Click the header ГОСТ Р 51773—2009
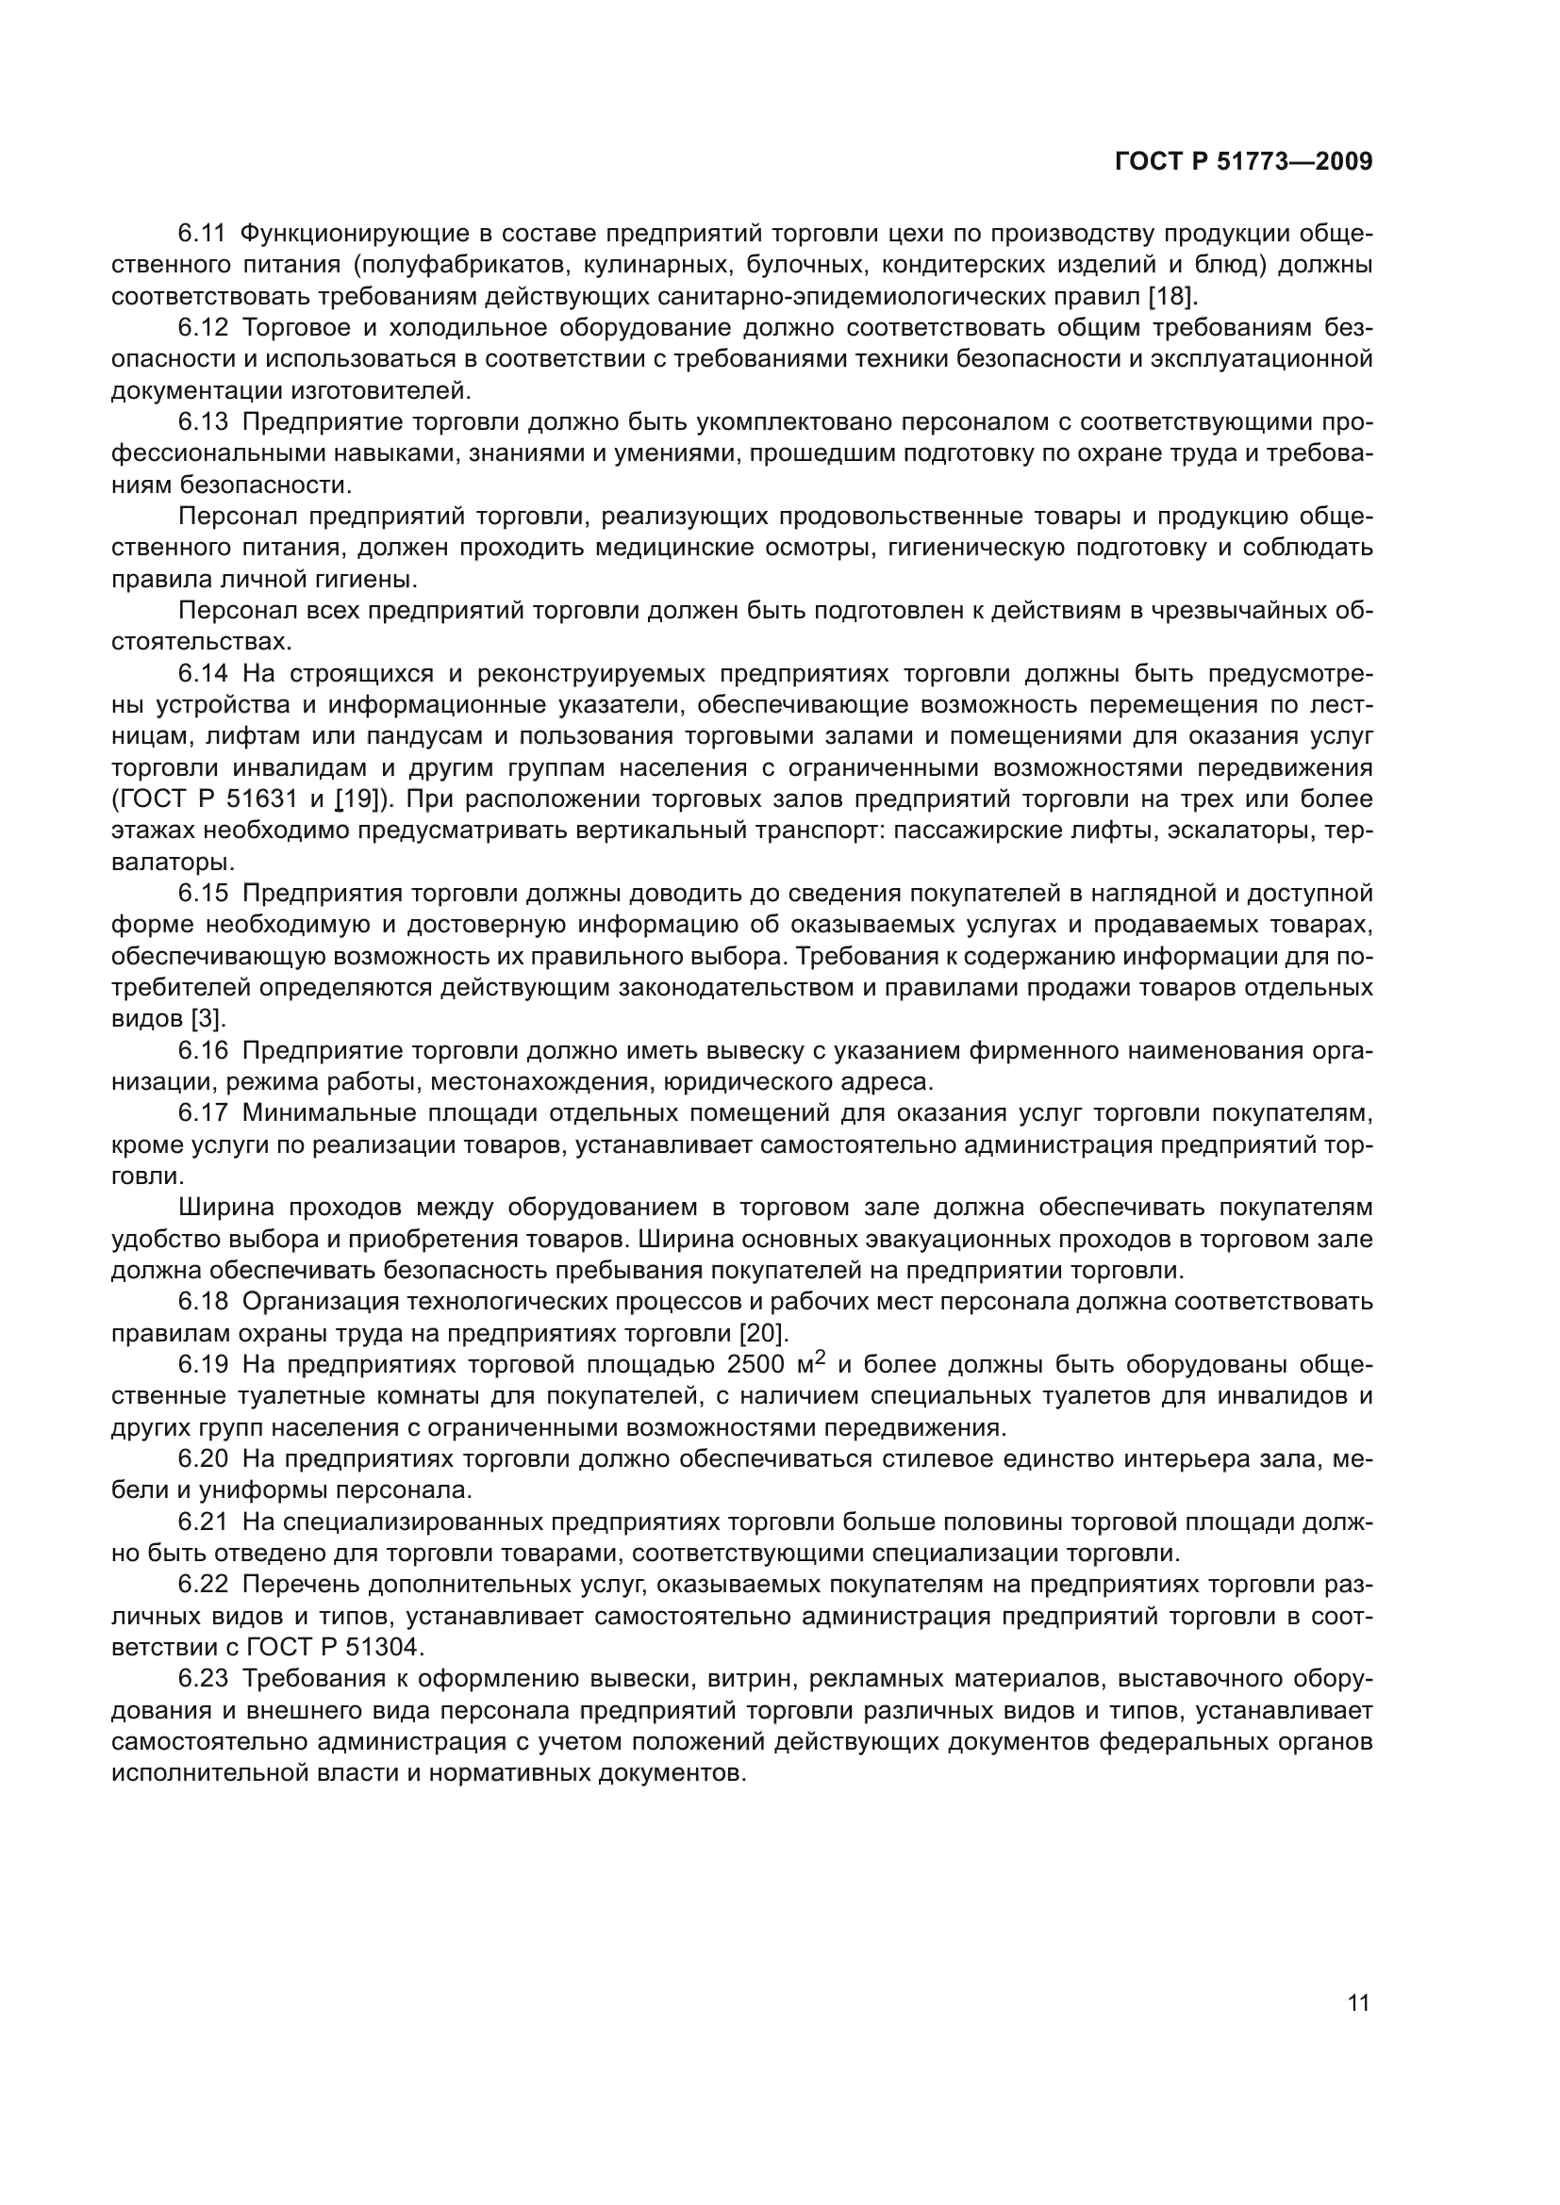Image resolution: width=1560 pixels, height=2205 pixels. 1243,162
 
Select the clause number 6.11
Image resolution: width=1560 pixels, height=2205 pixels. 202,234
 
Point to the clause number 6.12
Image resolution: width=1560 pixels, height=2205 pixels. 203,327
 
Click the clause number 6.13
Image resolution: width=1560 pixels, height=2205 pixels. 203,421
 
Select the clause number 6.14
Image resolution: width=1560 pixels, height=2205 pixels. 203,673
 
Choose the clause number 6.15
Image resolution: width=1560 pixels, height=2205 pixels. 203,893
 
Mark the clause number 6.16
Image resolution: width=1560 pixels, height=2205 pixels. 203,1050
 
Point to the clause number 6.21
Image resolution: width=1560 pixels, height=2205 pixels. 203,1522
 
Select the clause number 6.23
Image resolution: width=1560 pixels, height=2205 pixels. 203,1678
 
